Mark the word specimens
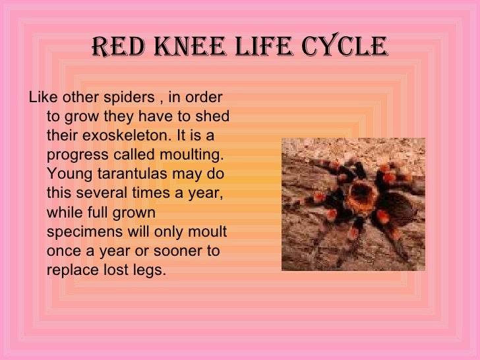pyautogui.click(x=82, y=232)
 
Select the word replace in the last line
pyautogui.click(x=70, y=270)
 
